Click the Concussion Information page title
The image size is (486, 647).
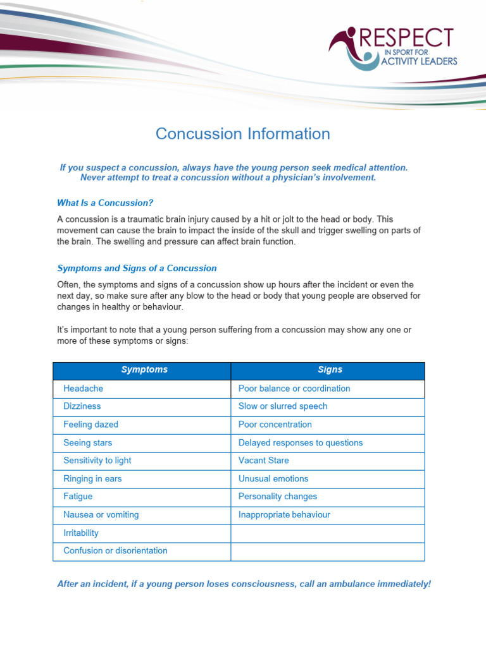click(x=243, y=134)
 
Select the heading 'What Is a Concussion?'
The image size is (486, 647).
click(x=105, y=203)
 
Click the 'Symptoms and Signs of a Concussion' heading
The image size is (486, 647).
click(x=137, y=268)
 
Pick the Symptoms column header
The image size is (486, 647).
click(x=144, y=370)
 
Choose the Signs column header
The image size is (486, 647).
click(x=330, y=370)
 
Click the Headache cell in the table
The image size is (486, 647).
click(x=83, y=389)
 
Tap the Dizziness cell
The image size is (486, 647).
click(x=82, y=406)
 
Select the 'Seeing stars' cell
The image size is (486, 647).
click(x=87, y=443)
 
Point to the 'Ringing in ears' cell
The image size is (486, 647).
click(x=92, y=479)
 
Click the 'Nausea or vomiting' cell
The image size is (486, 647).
click(x=101, y=515)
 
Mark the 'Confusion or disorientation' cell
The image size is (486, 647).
click(x=115, y=551)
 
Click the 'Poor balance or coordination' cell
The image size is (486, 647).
click(x=294, y=389)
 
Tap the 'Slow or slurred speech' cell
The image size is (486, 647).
click(x=282, y=406)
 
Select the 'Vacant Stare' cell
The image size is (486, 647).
click(x=263, y=461)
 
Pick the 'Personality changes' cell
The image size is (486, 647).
click(x=277, y=497)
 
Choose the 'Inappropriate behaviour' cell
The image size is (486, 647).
click(x=284, y=515)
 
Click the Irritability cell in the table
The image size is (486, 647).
click(x=81, y=533)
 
